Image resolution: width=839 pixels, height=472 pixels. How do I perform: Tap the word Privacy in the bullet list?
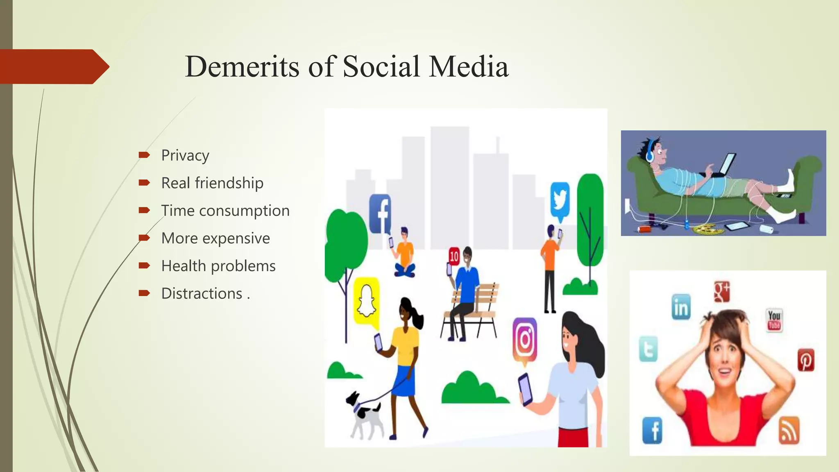pos(185,155)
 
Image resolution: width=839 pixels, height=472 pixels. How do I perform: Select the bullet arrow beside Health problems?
pos(144,266)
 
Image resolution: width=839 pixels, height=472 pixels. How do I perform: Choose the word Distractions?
pos(202,293)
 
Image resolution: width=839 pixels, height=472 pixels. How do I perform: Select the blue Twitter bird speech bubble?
pos(560,200)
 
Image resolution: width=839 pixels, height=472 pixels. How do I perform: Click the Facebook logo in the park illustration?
pos(380,213)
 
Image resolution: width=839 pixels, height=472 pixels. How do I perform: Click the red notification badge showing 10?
pos(454,256)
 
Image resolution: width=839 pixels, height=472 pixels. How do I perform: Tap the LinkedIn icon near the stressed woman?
pos(681,307)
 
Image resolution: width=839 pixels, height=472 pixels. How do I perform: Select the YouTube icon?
pos(774,320)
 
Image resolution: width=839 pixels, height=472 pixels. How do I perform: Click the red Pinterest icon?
pos(806,360)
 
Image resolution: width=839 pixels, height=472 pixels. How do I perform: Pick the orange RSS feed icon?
pos(789,430)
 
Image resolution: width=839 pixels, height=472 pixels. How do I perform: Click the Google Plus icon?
pos(722,291)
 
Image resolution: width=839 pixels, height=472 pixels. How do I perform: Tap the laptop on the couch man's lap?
pos(723,166)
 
